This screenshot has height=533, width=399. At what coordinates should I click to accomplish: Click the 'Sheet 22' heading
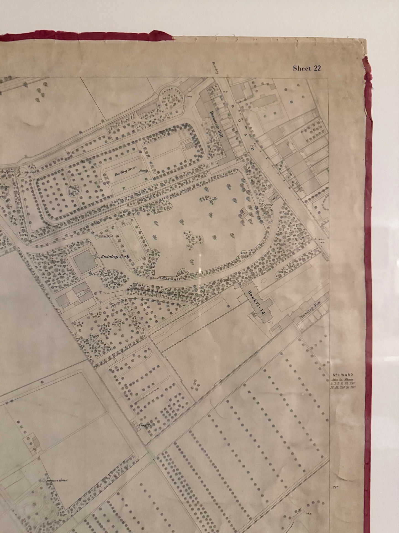[307, 68]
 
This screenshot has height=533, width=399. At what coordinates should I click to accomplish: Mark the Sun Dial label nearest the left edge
[27, 172]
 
